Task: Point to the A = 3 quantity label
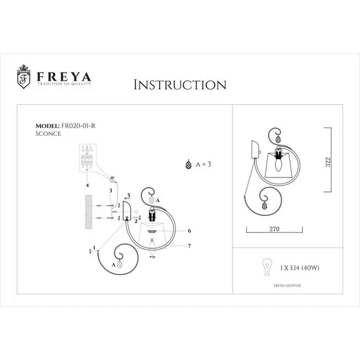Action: point(201,164)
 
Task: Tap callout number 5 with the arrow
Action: point(128,195)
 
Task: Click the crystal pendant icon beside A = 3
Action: point(187,164)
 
